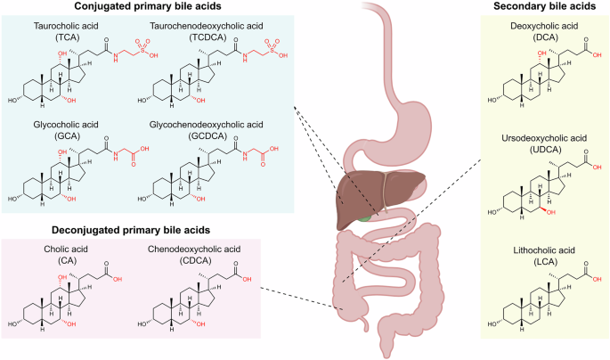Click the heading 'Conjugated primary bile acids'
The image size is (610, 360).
(148, 6)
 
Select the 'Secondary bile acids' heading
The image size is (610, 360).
(545, 6)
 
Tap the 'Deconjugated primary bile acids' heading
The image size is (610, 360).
(131, 230)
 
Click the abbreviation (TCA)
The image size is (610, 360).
(66, 37)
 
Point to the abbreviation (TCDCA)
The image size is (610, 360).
(207, 37)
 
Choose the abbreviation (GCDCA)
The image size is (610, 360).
(207, 135)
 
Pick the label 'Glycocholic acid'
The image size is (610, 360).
(66, 125)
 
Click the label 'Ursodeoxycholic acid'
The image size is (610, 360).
(544, 138)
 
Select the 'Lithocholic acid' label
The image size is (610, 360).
(544, 250)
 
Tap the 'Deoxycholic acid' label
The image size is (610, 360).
(544, 26)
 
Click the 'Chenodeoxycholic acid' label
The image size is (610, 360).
(194, 250)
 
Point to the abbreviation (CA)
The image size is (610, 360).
(66, 260)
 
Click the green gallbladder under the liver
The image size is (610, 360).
(363, 217)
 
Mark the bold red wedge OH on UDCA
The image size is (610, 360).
(548, 211)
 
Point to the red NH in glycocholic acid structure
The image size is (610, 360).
(116, 157)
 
